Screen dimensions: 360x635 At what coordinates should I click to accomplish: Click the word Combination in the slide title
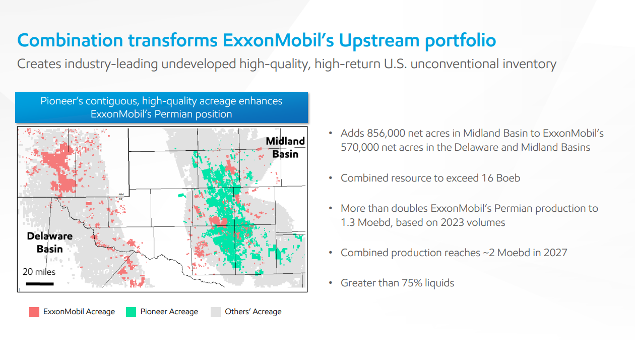pos(69,40)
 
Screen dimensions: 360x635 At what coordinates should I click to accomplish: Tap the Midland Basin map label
pos(285,147)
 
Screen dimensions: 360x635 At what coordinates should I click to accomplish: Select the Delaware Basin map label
pos(49,243)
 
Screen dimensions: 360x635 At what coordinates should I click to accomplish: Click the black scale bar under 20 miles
pos(40,283)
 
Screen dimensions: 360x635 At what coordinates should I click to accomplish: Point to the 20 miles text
pos(39,272)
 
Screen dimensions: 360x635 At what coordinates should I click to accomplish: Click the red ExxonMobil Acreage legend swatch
pos(34,312)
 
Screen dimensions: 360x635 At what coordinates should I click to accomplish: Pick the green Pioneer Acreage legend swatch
pos(131,312)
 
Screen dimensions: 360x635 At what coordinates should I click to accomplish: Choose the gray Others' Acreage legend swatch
pos(216,312)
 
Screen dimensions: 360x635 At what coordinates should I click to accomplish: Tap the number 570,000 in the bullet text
pos(362,147)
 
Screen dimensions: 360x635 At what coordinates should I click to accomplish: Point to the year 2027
pos(555,253)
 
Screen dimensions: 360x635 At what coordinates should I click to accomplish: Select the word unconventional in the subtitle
pos(453,64)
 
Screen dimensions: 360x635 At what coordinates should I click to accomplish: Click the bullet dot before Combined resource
pos(331,178)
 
